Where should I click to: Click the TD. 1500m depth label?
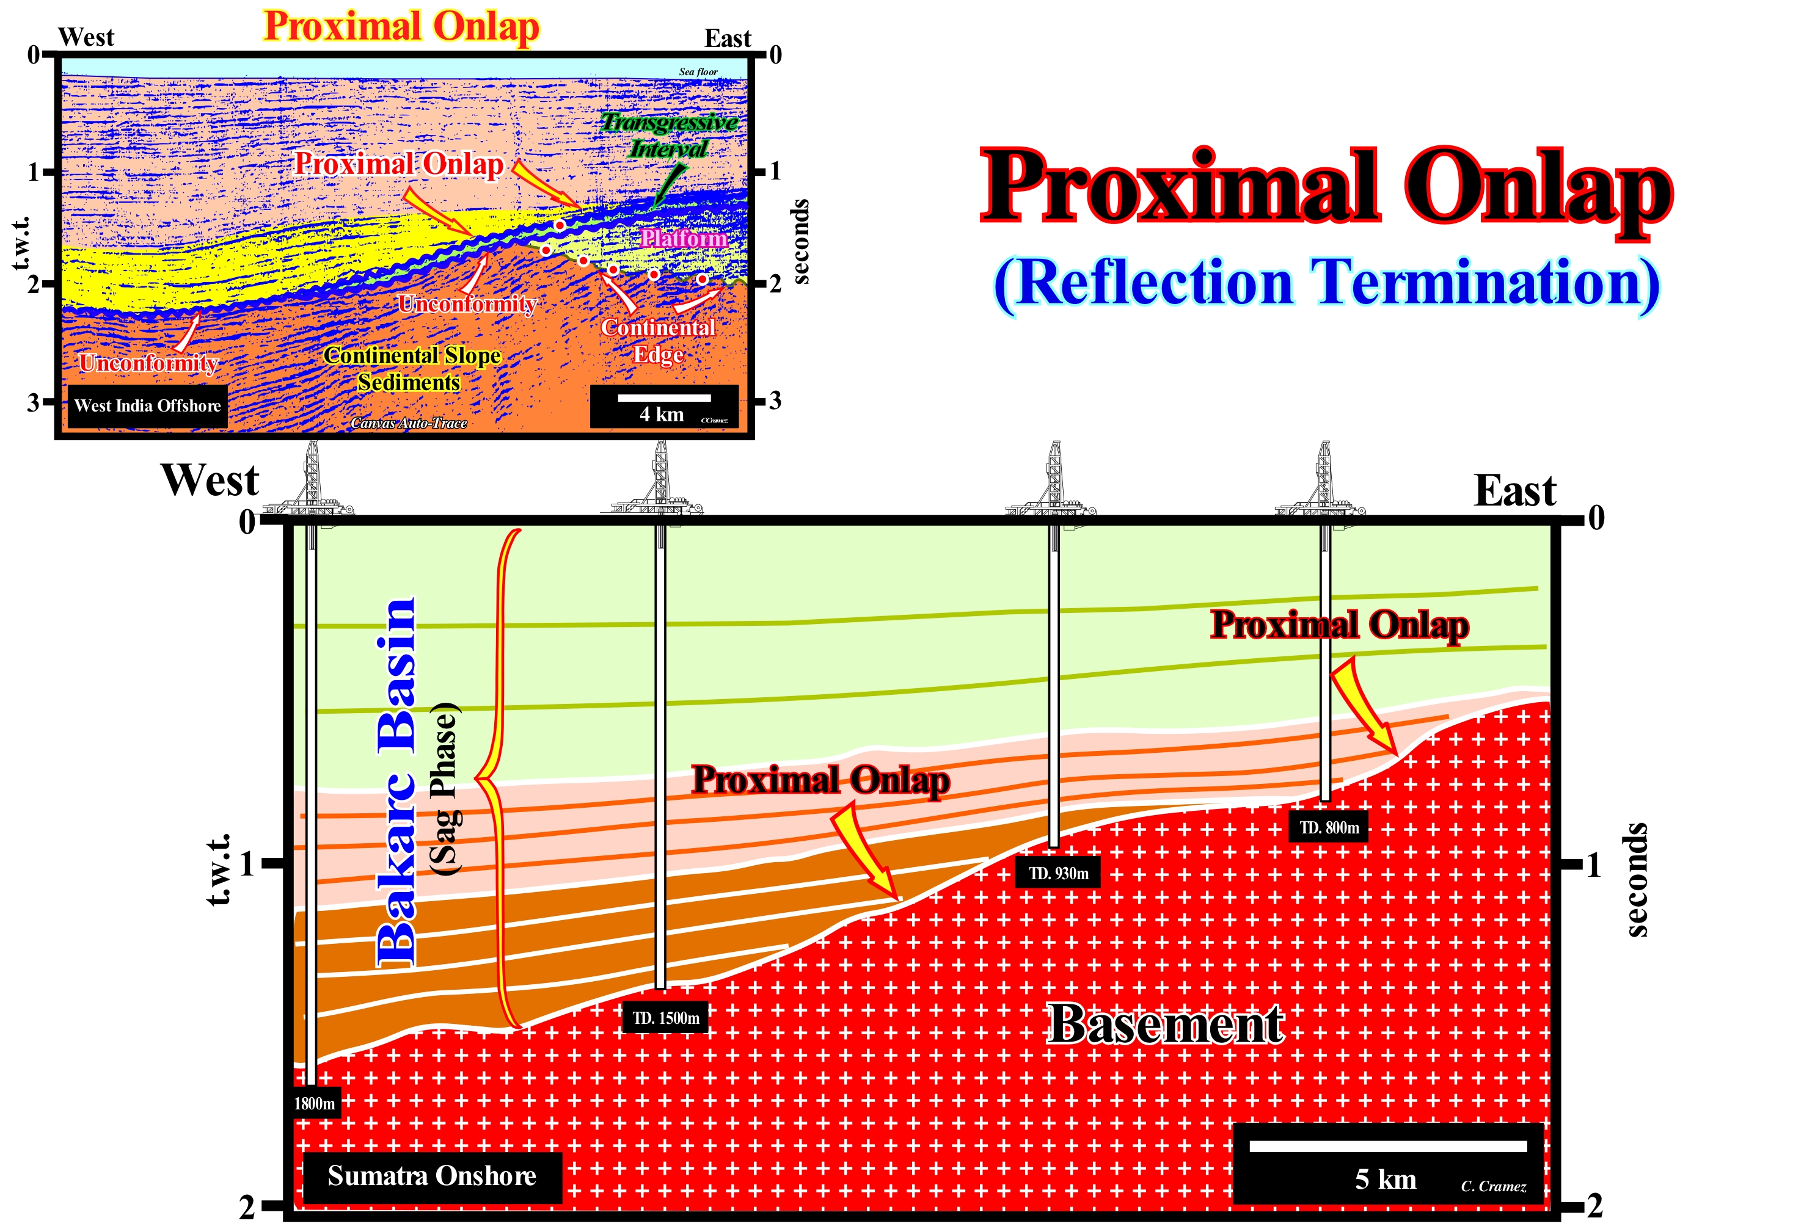665,1018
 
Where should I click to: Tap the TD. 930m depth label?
1058,873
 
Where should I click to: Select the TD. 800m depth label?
1329,828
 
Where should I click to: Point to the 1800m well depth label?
315,1103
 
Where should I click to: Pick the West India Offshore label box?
147,406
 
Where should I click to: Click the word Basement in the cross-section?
1166,1025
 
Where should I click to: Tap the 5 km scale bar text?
1386,1180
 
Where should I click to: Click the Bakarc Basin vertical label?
396,782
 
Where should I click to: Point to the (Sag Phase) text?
445,789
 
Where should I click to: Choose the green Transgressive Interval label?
669,135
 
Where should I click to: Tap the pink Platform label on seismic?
684,238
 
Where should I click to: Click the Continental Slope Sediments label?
411,369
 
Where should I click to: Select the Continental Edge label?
659,341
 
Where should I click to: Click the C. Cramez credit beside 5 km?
1494,1186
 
